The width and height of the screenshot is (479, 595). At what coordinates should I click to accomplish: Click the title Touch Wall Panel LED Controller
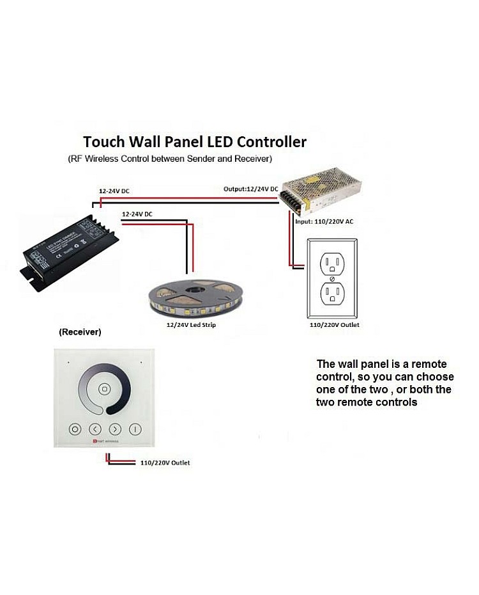195,141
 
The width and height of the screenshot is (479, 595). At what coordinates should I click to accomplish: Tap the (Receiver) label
80,333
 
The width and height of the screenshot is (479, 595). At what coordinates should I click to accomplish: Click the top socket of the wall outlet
332,262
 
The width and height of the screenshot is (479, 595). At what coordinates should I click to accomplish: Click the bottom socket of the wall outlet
332,294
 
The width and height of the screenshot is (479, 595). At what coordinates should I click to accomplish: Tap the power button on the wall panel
135,429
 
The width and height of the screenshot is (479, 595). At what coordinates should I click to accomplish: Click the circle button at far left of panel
75,429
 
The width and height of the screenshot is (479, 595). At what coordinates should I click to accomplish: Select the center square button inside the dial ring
104,389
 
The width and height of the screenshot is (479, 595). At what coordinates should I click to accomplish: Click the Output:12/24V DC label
250,189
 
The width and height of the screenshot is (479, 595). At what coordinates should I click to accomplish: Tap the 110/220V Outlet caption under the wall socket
334,325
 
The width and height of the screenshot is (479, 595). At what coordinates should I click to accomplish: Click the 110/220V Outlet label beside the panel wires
165,463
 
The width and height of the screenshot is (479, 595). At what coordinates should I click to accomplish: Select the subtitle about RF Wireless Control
170,158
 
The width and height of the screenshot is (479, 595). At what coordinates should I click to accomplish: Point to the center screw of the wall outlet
333,278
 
